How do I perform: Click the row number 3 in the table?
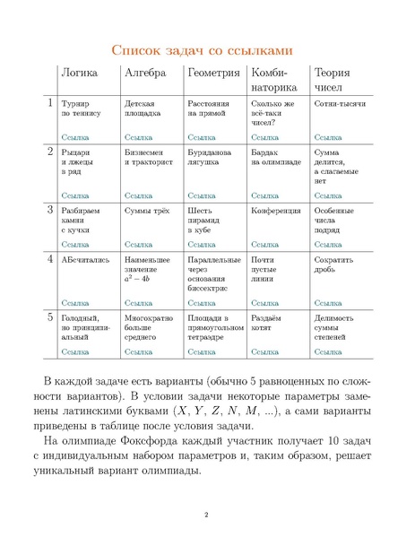coord(50,209)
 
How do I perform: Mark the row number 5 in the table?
coord(50,316)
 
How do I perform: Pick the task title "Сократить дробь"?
coord(335,264)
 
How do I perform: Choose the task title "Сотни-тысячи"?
coord(340,105)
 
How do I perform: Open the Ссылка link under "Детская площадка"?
coord(139,138)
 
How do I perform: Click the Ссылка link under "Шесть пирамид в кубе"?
coord(202,244)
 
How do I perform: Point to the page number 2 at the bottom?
coord(207,514)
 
